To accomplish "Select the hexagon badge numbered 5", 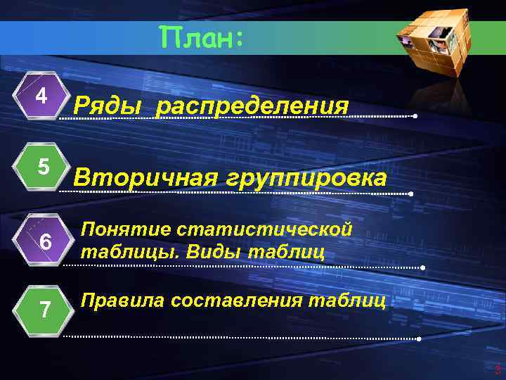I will point(43,168).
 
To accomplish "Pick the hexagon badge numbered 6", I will point(45,241).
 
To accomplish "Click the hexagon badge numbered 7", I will point(45,309).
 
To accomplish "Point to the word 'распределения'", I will point(252,107).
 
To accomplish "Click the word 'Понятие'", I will point(126,229).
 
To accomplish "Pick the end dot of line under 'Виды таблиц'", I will point(423,268).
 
